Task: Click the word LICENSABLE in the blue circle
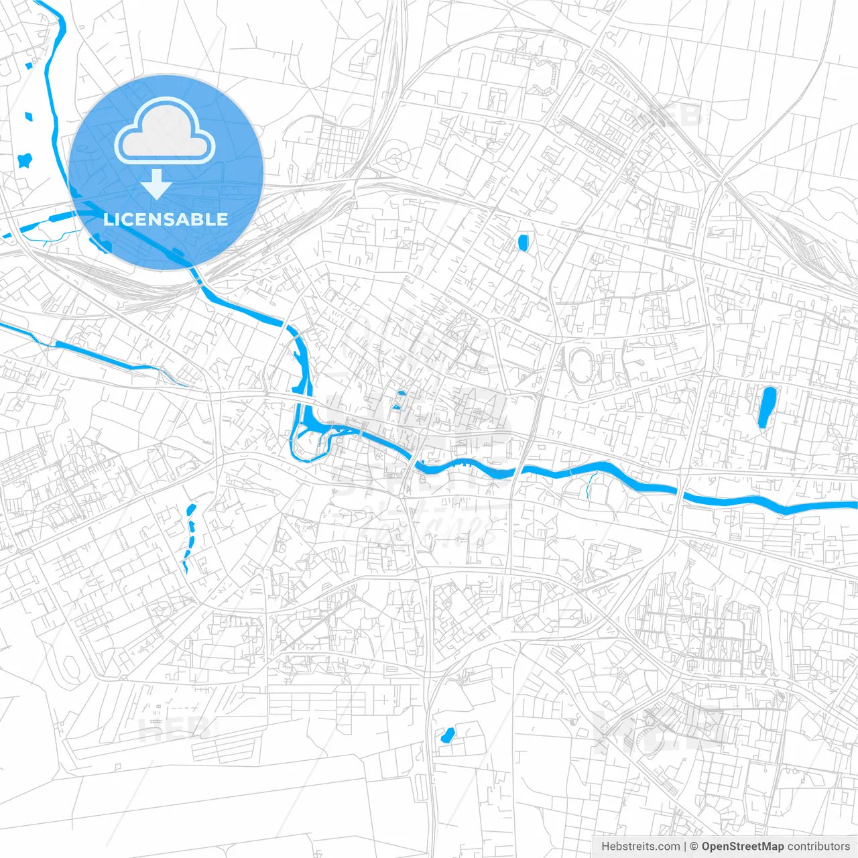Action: (x=166, y=219)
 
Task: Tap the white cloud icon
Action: (x=165, y=131)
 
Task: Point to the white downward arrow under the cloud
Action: (x=156, y=184)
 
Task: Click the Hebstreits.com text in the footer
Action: (x=640, y=847)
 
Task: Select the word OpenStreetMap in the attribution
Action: (x=742, y=847)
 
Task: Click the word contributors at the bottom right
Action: (x=818, y=847)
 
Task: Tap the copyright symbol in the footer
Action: (x=694, y=847)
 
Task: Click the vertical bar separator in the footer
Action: (x=685, y=847)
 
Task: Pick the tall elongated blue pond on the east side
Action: (x=766, y=406)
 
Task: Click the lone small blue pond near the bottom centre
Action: (x=446, y=735)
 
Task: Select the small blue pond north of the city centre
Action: (x=522, y=243)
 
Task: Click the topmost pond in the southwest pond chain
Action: (x=193, y=509)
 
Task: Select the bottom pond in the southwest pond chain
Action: (x=185, y=566)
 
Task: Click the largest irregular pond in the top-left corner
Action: (x=25, y=161)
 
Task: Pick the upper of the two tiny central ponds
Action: (x=401, y=393)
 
